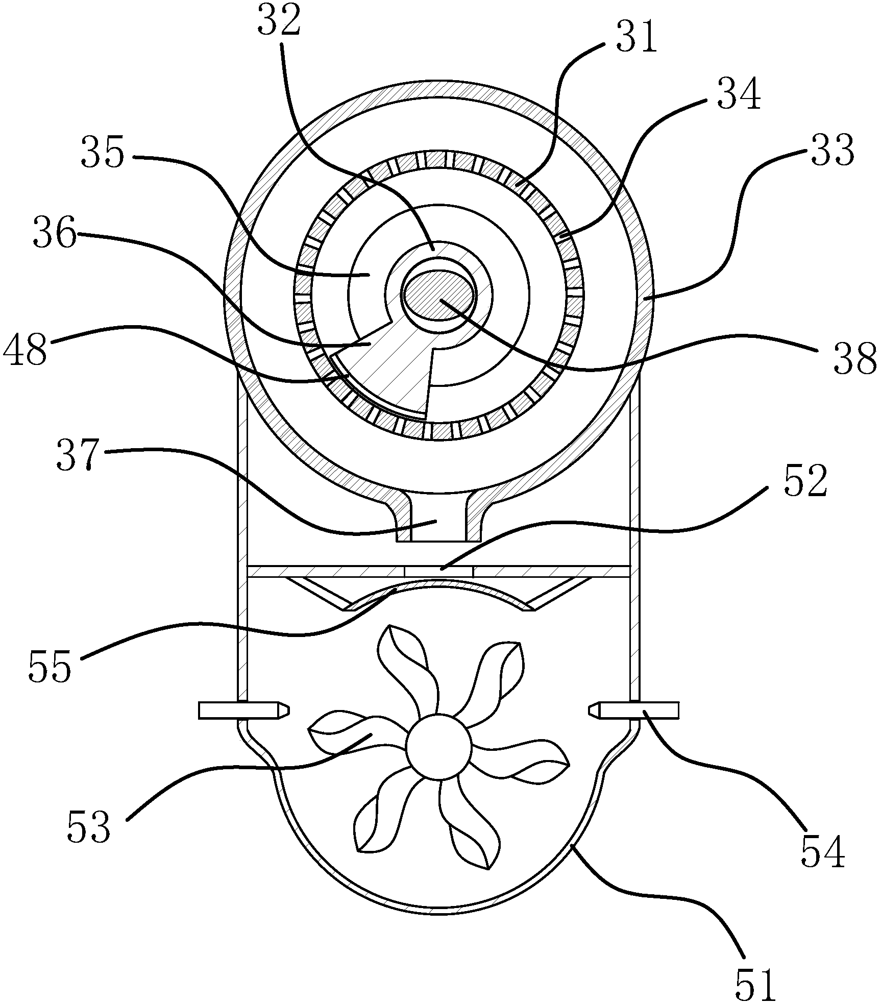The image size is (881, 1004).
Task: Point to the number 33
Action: pos(832,152)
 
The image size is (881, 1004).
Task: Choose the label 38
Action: pos(854,358)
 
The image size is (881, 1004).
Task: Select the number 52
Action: pos(805,484)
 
